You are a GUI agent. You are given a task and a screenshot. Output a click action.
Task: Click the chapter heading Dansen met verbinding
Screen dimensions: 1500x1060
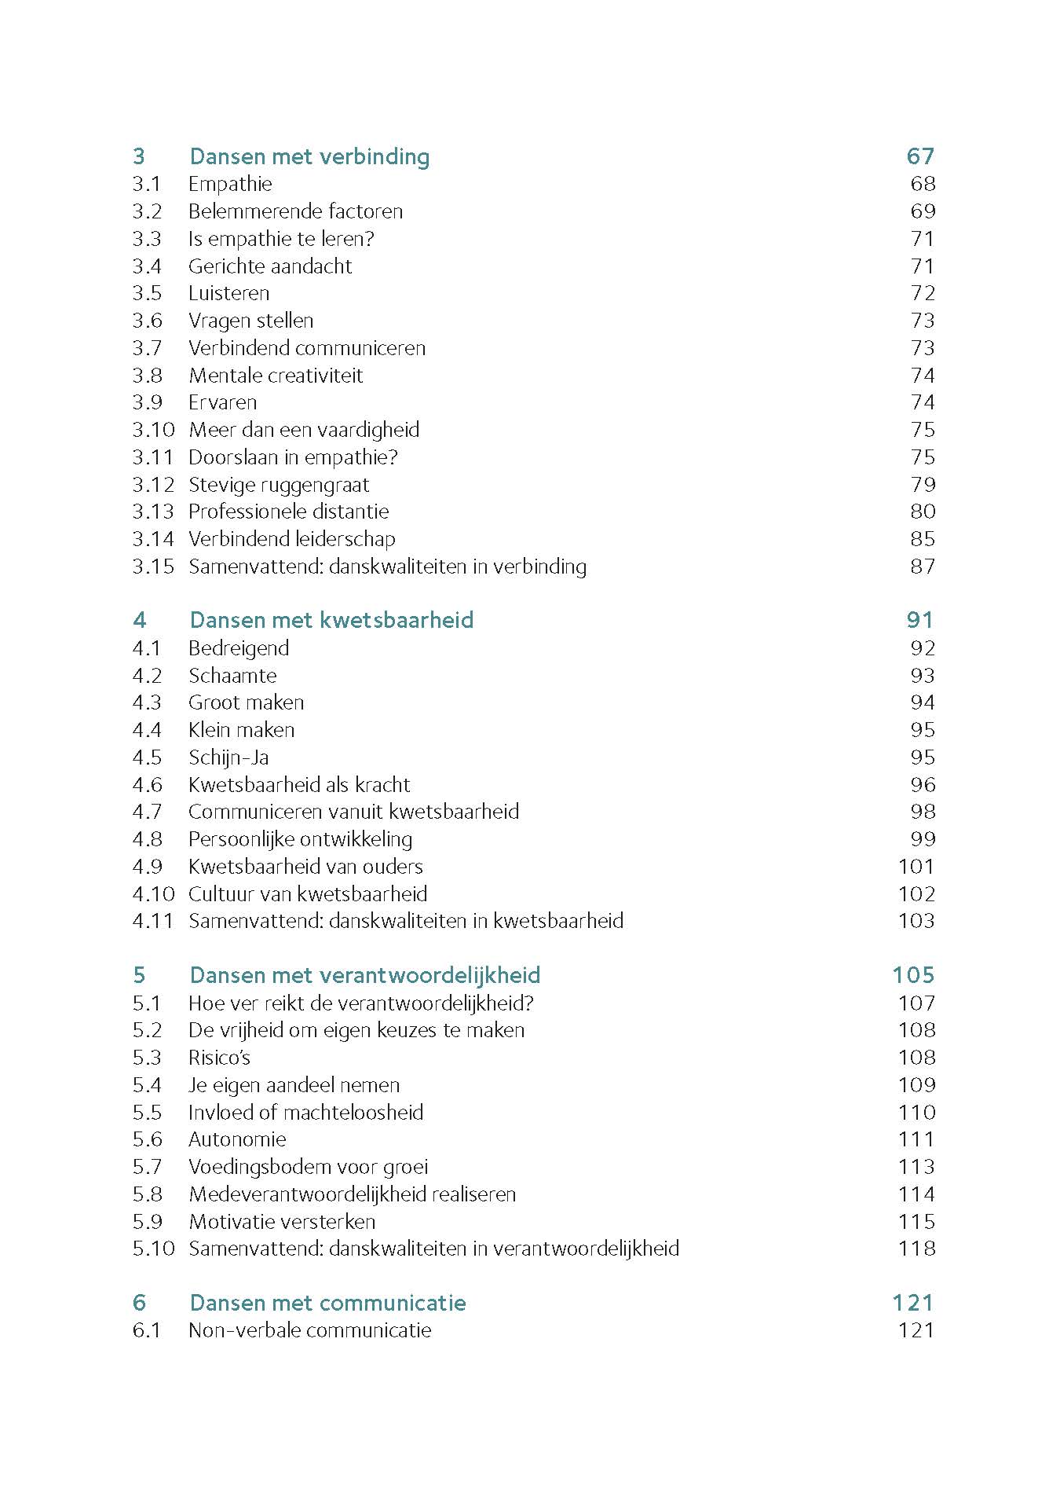click(x=309, y=156)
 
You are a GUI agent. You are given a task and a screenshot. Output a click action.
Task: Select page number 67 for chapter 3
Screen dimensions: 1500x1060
click(x=920, y=156)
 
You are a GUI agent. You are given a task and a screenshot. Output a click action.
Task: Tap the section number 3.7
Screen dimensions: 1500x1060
click(x=147, y=348)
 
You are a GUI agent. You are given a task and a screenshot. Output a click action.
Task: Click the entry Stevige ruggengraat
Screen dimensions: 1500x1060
click(x=279, y=485)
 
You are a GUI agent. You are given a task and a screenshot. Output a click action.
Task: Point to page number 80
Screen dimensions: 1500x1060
click(x=923, y=512)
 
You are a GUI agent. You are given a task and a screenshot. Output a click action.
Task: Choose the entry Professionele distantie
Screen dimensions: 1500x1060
click(x=288, y=512)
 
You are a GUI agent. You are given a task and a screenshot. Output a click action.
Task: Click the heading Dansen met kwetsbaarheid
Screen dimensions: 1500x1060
click(x=331, y=620)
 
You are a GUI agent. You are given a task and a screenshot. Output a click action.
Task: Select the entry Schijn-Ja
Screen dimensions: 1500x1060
click(x=228, y=757)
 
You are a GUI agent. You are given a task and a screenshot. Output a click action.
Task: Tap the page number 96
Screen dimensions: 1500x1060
click(x=923, y=784)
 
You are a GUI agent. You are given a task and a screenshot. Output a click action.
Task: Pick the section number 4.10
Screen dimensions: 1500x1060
click(x=153, y=893)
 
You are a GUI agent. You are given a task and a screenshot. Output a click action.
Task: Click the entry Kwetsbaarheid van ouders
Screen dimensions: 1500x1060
click(x=305, y=867)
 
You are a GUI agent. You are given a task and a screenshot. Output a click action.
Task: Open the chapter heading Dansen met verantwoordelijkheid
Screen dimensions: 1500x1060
click(x=365, y=975)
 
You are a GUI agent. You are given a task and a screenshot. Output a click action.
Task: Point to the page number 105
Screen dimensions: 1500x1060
click(x=913, y=975)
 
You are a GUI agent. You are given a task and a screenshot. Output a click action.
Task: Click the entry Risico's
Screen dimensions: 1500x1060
click(x=219, y=1058)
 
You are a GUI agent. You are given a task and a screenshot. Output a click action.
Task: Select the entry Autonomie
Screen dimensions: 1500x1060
click(x=237, y=1139)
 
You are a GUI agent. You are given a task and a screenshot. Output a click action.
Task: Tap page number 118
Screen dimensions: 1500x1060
click(x=916, y=1249)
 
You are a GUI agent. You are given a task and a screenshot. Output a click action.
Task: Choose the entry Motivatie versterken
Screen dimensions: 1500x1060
click(x=282, y=1222)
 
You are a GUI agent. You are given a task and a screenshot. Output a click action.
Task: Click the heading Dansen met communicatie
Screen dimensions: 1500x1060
click(x=327, y=1303)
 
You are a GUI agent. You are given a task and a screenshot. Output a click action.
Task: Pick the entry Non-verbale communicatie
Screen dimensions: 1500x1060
click(x=310, y=1330)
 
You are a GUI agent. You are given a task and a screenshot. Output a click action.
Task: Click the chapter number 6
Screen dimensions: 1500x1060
click(x=139, y=1303)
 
